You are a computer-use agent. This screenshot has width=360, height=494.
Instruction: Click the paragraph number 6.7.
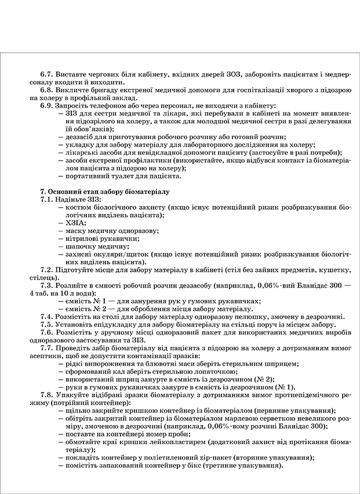(x=46, y=75)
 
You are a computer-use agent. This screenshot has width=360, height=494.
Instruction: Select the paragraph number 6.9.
(x=46, y=106)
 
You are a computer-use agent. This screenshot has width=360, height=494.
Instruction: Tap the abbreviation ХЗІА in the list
(x=77, y=222)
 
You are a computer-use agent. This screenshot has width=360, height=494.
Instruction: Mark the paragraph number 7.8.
(x=46, y=395)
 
